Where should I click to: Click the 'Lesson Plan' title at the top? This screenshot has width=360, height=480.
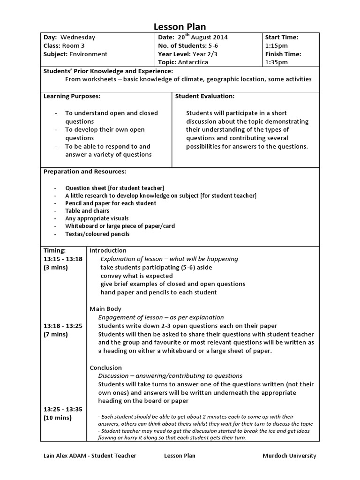(180, 27)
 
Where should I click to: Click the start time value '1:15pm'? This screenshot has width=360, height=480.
(275, 46)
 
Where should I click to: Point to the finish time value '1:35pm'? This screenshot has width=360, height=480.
(275, 62)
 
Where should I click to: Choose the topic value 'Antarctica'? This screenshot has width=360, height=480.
(193, 62)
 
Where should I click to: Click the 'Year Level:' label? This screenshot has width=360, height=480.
(176, 54)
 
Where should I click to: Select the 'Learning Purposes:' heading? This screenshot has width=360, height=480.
(72, 96)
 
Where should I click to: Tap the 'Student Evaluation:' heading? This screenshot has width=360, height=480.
(205, 96)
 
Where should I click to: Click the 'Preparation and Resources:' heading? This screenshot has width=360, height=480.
(84, 172)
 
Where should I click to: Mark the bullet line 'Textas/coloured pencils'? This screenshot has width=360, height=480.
(97, 233)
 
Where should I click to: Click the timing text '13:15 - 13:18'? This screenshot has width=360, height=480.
(63, 259)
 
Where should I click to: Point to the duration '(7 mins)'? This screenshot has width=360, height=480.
(56, 334)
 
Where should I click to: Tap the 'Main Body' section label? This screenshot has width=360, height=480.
(105, 309)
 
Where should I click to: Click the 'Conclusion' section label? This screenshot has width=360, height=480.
(105, 367)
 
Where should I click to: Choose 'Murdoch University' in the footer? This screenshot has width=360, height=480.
(290, 456)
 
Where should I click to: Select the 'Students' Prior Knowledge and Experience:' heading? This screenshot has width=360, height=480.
(108, 71)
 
